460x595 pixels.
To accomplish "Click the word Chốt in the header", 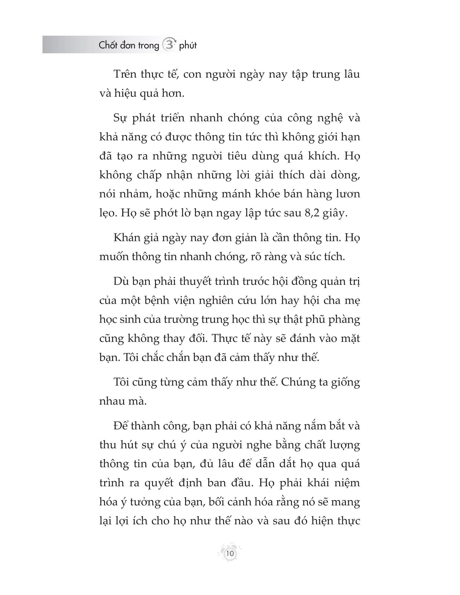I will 108,45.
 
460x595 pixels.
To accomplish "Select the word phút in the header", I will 188,46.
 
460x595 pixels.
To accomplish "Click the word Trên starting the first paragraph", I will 124,74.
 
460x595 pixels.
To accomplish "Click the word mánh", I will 235,194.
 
